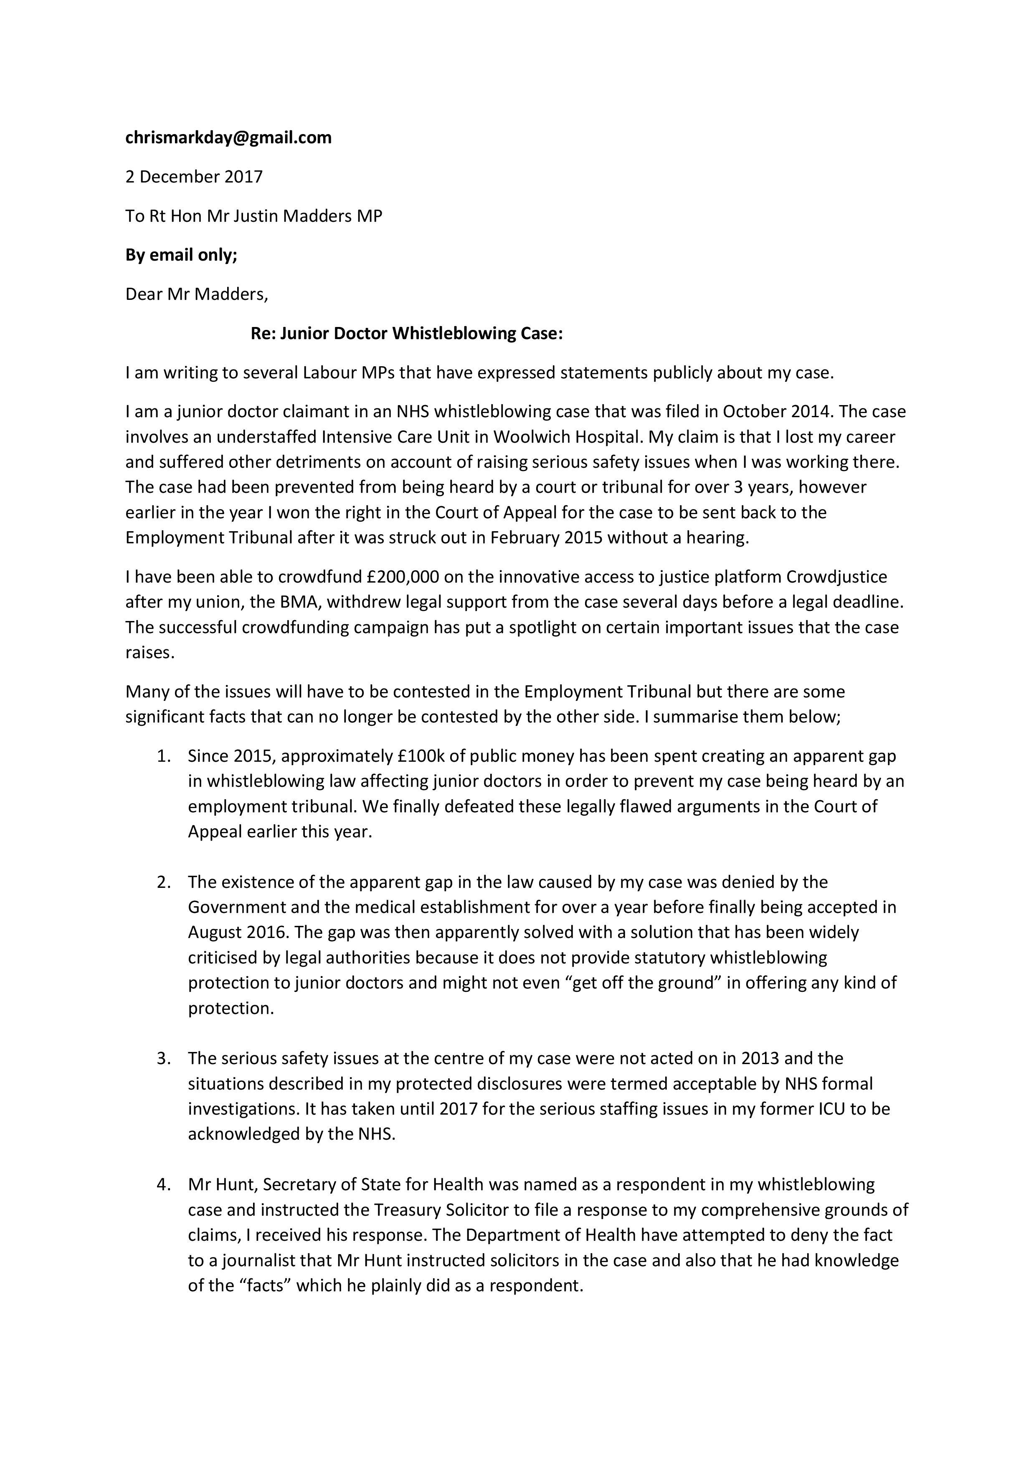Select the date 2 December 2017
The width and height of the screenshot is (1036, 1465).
pos(194,177)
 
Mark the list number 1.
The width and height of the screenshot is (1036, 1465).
pos(163,756)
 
